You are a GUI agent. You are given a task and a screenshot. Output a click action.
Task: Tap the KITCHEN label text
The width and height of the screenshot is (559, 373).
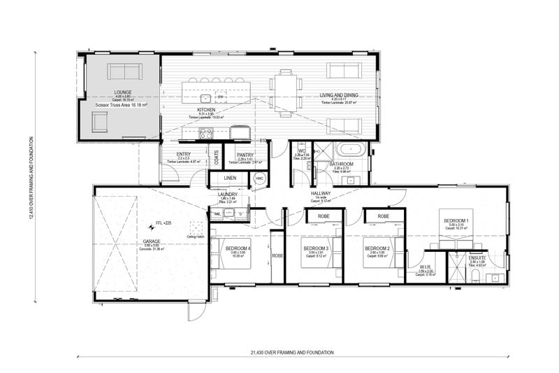click(x=206, y=111)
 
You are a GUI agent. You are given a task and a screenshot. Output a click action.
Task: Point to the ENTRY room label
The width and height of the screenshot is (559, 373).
click(x=184, y=154)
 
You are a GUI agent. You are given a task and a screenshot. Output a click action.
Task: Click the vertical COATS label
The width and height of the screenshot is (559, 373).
click(x=216, y=157)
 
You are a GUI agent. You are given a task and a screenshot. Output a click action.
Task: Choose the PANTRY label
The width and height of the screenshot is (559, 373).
click(x=245, y=155)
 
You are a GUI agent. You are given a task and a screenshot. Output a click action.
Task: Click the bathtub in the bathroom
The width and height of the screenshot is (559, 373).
click(x=347, y=150)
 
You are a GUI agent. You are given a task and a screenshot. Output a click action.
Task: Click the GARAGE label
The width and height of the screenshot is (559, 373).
click(x=152, y=240)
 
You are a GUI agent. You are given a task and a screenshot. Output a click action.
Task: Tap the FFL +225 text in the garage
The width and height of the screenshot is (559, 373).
click(x=154, y=224)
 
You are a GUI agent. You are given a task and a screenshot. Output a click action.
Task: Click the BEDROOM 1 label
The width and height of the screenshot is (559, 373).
click(x=458, y=220)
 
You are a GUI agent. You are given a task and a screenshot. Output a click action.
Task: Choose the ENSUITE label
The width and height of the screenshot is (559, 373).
click(x=477, y=259)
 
